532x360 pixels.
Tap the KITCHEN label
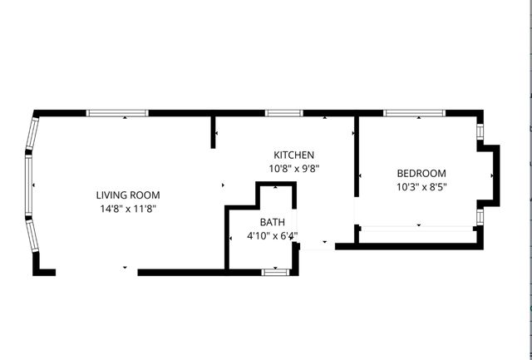click(x=293, y=155)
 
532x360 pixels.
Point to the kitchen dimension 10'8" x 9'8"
click(x=293, y=168)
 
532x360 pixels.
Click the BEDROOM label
click(x=420, y=174)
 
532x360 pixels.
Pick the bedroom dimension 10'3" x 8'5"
click(x=420, y=187)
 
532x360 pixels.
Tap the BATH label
click(x=272, y=222)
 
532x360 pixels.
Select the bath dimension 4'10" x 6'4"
click(x=272, y=235)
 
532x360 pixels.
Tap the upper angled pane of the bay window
click(x=33, y=133)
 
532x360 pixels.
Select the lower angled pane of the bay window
click(x=32, y=236)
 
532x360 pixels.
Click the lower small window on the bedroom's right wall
click(x=480, y=217)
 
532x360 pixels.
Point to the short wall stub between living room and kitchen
click(x=214, y=131)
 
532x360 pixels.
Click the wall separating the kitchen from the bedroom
click(x=357, y=158)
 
